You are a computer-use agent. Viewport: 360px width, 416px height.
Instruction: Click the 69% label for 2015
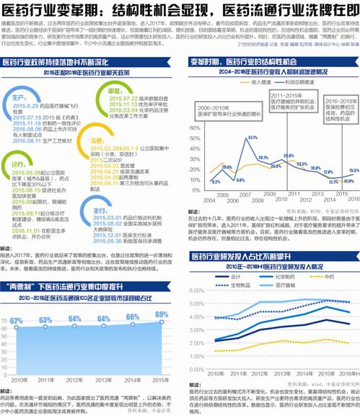(x=162, y=314)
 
